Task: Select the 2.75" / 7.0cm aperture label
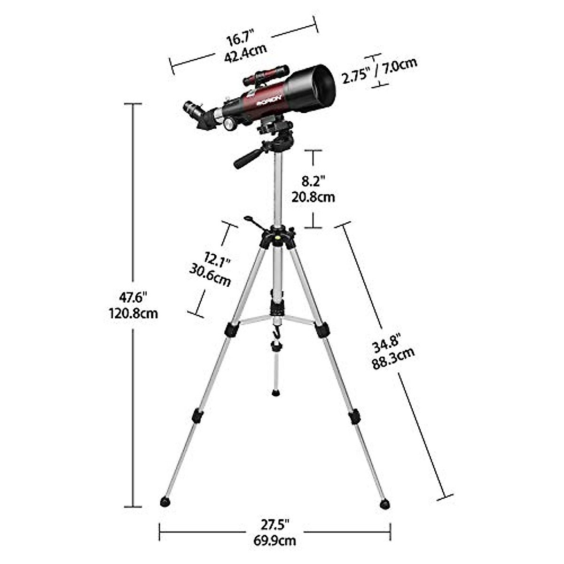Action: tap(379, 70)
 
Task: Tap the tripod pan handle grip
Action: tap(244, 159)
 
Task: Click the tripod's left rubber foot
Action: tap(165, 501)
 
